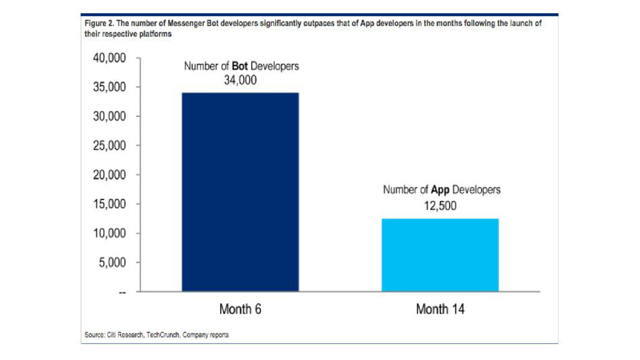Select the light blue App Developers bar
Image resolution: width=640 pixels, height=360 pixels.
tap(440, 254)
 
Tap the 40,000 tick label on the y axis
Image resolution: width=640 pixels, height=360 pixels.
tap(109, 58)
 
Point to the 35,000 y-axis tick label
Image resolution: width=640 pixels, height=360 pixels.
tap(109, 87)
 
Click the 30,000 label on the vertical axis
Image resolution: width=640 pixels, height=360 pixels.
tap(109, 117)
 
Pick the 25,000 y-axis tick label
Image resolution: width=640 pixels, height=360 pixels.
tap(109, 146)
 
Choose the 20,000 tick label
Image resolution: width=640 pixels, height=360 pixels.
tap(109, 175)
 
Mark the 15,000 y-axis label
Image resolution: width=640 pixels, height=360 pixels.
tap(109, 204)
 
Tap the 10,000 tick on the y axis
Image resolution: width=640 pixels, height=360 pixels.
tap(109, 234)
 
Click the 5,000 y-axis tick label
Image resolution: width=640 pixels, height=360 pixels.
tap(112, 262)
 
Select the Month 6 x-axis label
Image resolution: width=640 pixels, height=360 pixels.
tap(240, 309)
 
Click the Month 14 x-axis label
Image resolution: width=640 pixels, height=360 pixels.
tap(440, 309)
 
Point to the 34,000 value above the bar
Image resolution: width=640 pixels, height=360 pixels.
tap(241, 80)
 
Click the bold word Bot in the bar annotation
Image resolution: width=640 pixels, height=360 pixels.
tap(241, 66)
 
